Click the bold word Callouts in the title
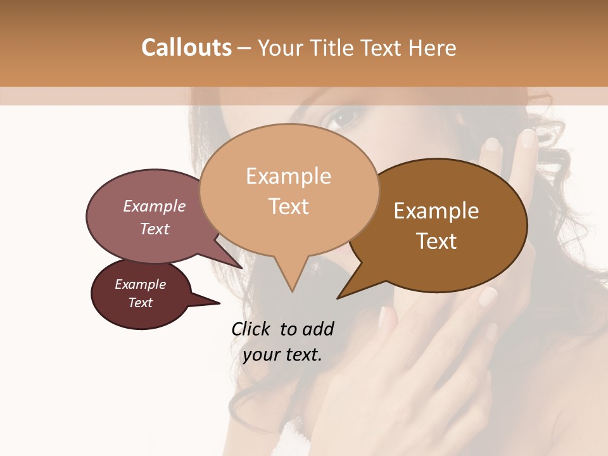click(186, 47)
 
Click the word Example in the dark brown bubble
click(436, 211)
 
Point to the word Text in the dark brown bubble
click(436, 241)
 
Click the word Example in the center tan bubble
click(288, 176)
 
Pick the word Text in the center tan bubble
click(288, 206)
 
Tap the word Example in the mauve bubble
click(154, 206)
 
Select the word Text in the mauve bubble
click(154, 229)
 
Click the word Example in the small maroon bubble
click(140, 284)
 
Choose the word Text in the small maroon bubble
click(140, 303)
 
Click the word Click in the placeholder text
click(252, 329)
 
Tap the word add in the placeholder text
click(318, 329)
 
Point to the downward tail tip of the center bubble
click(292, 291)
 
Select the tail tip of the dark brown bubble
click(339, 297)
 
